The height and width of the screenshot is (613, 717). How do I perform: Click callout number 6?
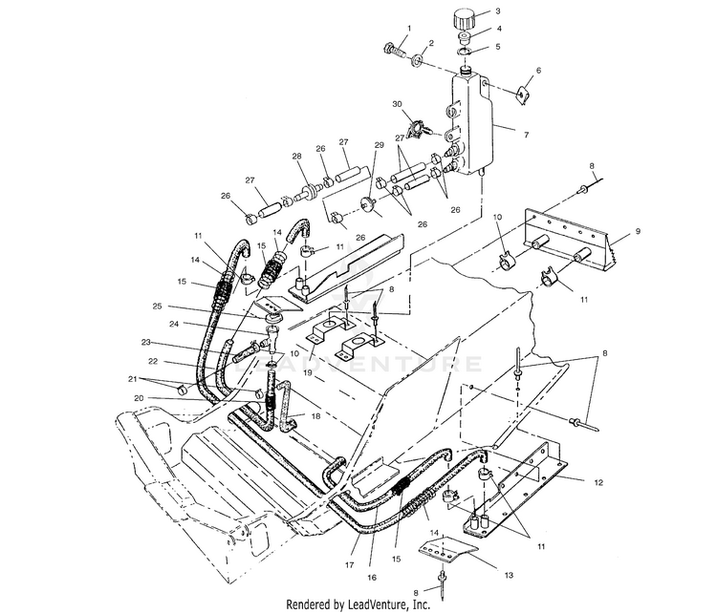pyautogui.click(x=538, y=71)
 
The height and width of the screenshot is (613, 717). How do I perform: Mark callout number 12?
pyautogui.click(x=597, y=483)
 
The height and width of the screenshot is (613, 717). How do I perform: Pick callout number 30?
pyautogui.click(x=397, y=103)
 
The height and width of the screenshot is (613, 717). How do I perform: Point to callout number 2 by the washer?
pyautogui.click(x=432, y=43)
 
